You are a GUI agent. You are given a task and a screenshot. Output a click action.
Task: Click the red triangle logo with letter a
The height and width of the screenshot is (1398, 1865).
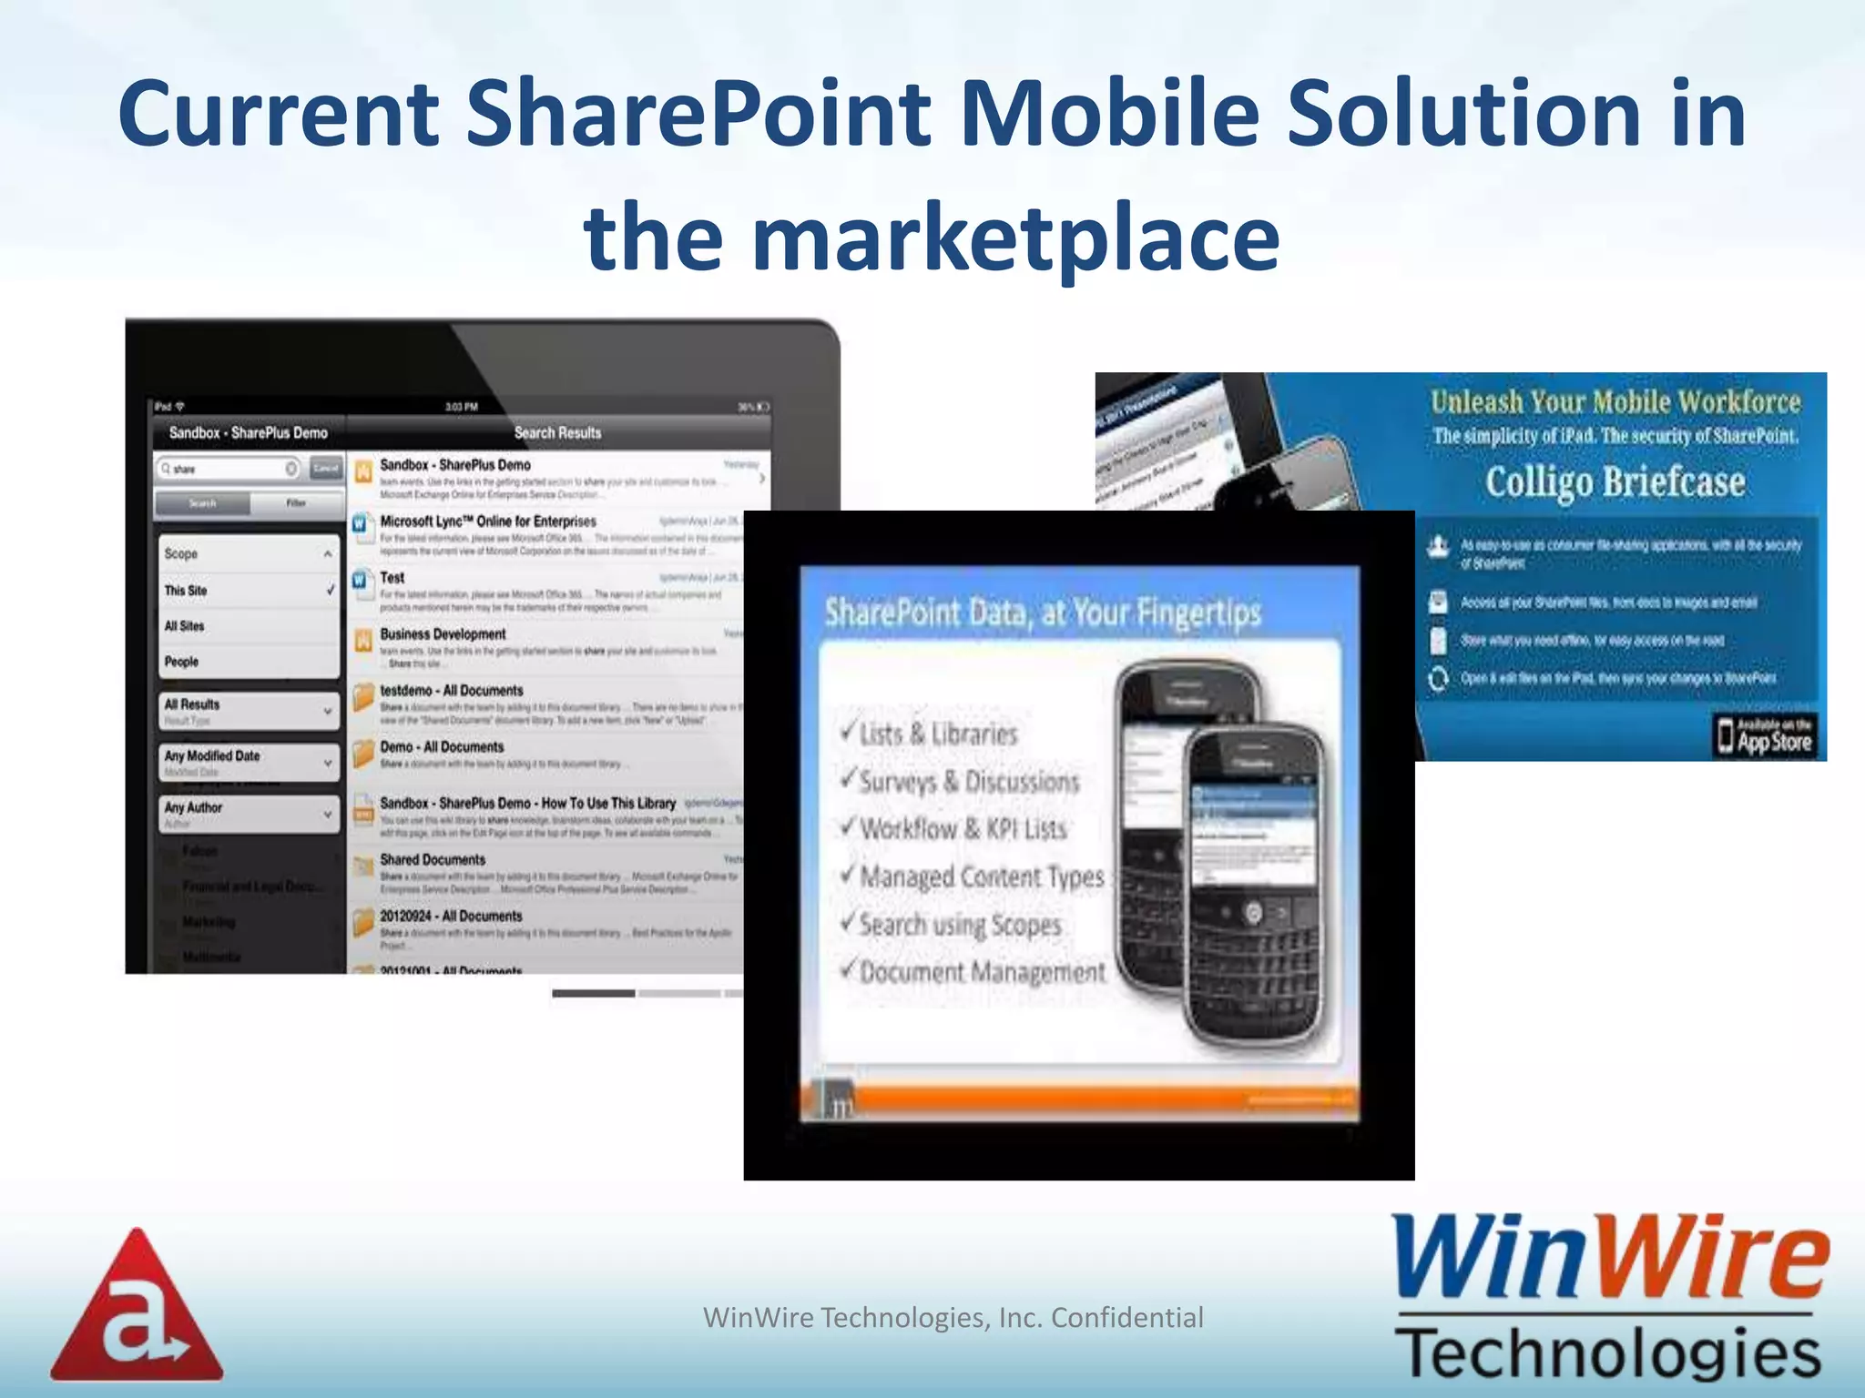tap(137, 1307)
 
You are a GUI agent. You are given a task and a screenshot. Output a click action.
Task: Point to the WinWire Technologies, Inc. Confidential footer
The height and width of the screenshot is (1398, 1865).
tap(953, 1317)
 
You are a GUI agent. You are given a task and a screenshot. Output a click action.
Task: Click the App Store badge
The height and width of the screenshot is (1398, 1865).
tap(1765, 735)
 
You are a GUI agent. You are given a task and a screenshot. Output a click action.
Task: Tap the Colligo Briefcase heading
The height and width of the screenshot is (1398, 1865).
tap(1615, 482)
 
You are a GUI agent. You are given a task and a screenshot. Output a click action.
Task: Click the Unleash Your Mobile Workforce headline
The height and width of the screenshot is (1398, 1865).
tap(1615, 401)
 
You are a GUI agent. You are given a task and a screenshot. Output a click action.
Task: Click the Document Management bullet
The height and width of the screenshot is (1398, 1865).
tap(980, 972)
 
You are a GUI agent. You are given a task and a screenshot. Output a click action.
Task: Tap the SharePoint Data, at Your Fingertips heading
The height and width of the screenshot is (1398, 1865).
tap(1042, 613)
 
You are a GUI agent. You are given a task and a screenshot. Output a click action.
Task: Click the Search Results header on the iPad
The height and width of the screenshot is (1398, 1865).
tap(557, 433)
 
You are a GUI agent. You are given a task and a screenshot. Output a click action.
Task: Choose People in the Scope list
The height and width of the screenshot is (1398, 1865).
tap(182, 662)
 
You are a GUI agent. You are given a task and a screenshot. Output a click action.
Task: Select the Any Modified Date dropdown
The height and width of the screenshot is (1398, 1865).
tap(249, 761)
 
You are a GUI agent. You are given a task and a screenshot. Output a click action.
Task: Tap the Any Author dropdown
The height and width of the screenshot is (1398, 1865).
tap(249, 813)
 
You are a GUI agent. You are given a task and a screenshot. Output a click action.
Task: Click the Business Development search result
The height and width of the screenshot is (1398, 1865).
tap(443, 634)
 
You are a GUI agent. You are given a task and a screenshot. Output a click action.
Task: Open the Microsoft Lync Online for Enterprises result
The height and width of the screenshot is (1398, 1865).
tap(488, 522)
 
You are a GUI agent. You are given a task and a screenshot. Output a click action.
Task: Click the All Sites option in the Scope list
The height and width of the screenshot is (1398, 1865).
tap(185, 626)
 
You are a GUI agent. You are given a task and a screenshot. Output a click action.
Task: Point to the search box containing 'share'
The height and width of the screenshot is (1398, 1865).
tap(229, 469)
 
